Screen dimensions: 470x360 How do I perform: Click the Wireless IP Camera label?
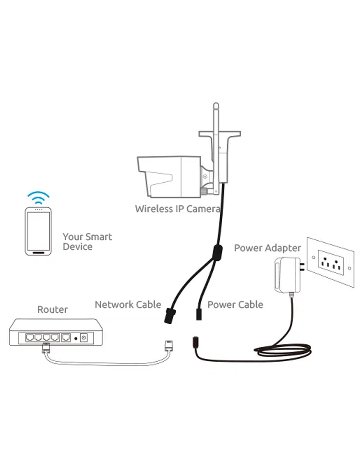(x=177, y=209)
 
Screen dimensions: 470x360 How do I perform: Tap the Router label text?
(x=52, y=309)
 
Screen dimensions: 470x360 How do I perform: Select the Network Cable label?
(x=128, y=305)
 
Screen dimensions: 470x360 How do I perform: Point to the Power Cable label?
(x=235, y=305)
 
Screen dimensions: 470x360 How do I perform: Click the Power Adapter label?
(x=267, y=248)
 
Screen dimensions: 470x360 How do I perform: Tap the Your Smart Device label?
(x=87, y=242)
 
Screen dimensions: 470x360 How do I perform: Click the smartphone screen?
(x=39, y=229)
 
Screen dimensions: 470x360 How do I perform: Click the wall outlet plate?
(x=331, y=261)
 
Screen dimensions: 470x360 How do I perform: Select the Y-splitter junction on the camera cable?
(x=216, y=251)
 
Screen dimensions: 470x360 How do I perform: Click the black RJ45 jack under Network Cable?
(x=169, y=315)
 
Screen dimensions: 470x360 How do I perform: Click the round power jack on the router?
(x=84, y=338)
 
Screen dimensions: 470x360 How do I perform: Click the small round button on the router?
(x=75, y=338)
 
